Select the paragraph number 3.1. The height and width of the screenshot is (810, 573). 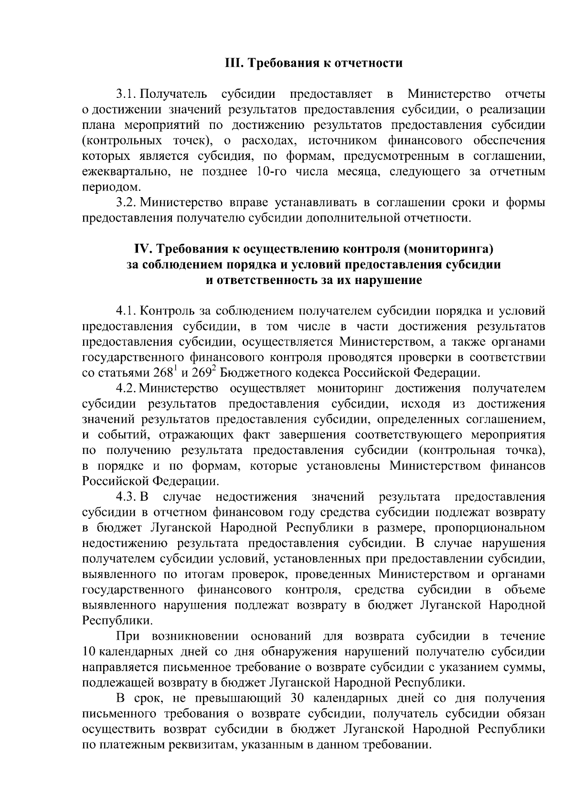pyautogui.click(x=126, y=94)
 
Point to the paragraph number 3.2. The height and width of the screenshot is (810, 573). pyautogui.click(x=126, y=202)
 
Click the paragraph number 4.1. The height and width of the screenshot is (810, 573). pyautogui.click(x=126, y=311)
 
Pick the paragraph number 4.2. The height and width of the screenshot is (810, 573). pyautogui.click(x=126, y=389)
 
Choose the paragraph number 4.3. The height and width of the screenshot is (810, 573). pyautogui.click(x=126, y=497)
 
